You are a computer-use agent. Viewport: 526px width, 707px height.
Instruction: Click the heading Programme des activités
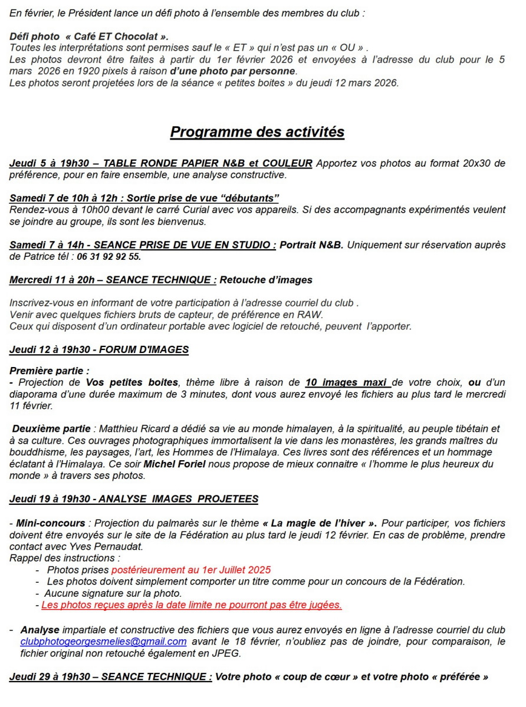tap(257, 132)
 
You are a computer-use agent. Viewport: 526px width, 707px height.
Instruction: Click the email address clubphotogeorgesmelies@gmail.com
tap(103, 642)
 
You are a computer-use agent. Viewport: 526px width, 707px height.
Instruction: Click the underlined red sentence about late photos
tap(192, 605)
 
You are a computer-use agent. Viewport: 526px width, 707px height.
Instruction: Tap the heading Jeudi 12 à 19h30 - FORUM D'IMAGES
tap(99, 350)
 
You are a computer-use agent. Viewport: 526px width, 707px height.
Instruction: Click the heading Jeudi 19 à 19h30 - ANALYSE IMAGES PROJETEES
tap(134, 500)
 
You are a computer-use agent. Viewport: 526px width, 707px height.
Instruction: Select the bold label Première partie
tap(50, 371)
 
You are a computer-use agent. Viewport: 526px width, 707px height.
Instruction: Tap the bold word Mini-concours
tap(51, 523)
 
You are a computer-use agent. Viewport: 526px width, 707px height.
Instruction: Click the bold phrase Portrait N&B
tap(311, 245)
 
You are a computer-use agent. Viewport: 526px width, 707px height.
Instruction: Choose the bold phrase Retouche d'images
tap(266, 280)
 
